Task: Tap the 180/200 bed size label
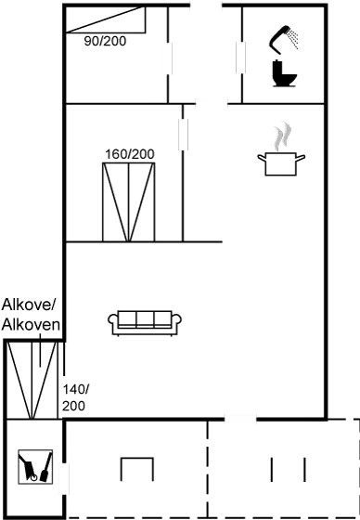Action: [129, 153]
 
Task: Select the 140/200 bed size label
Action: [73, 397]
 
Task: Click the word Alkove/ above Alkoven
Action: [31, 305]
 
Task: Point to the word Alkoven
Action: [32, 324]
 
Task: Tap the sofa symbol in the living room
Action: [146, 321]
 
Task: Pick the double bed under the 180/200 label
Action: [129, 201]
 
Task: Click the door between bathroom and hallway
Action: [239, 58]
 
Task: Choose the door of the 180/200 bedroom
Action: [185, 132]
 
